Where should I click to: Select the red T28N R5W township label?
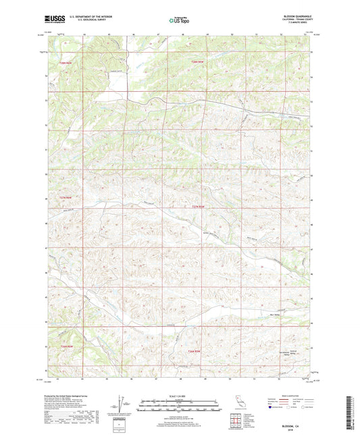64,63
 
